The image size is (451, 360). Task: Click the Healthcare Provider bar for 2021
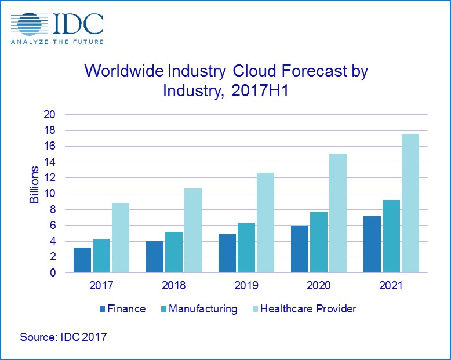[410, 203]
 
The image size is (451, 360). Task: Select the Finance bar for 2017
[82, 260]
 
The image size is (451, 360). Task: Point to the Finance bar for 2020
[300, 249]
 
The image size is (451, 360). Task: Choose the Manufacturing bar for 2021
[391, 236]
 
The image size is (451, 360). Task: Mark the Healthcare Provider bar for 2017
[120, 238]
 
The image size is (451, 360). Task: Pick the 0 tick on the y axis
[52, 272]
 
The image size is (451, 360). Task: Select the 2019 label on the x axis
[246, 286]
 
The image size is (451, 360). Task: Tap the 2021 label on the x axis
[391, 286]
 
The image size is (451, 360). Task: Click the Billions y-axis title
[35, 184]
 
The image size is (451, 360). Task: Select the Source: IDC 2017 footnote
[63, 336]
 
